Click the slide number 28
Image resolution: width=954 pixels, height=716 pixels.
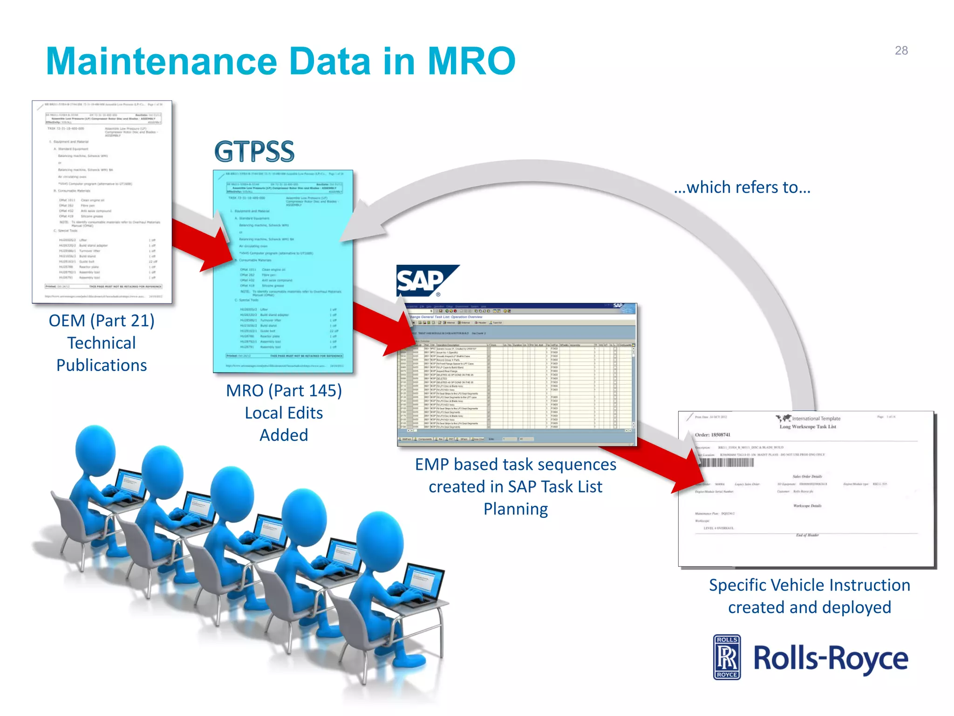coord(901,50)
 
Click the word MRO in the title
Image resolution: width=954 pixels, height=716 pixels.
coord(471,61)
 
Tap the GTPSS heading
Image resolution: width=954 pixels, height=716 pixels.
coord(254,151)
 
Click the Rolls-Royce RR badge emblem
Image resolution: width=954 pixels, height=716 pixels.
coord(727,657)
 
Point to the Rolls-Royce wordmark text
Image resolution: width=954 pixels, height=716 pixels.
coord(831,658)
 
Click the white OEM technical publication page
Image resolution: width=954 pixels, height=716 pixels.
coord(102,202)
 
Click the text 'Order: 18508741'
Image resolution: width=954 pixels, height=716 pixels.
coord(713,435)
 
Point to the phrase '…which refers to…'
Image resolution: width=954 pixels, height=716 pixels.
coord(742,187)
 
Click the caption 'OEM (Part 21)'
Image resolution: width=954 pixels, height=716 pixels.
coord(102,321)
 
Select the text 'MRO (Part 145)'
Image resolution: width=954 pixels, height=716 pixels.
coord(284,391)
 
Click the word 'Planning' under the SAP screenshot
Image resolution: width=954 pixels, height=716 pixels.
coord(515,509)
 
